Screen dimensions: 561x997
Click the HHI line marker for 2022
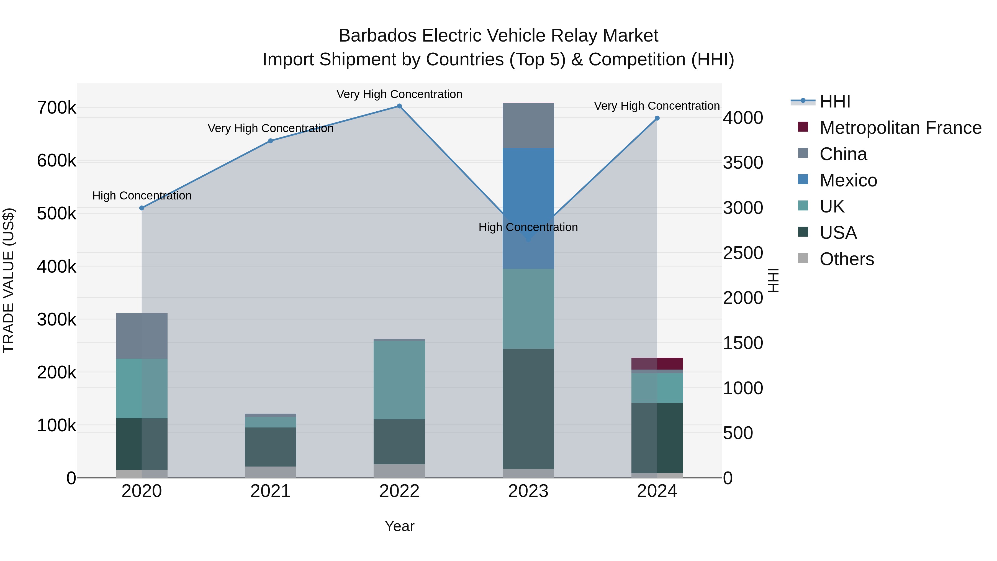(399, 106)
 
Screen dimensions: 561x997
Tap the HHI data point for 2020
(142, 208)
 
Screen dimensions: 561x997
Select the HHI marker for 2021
(271, 141)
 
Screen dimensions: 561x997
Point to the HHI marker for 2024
(657, 119)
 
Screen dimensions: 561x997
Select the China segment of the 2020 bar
(142, 336)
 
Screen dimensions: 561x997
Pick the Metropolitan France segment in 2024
(657, 363)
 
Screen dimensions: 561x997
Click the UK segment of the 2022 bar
(399, 380)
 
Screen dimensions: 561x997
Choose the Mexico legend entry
(848, 180)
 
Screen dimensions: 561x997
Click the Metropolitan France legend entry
(900, 128)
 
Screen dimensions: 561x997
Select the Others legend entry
(846, 259)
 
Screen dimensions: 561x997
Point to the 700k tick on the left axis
(56, 108)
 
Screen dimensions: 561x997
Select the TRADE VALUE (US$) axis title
(9, 280)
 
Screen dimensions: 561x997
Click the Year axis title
(399, 526)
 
